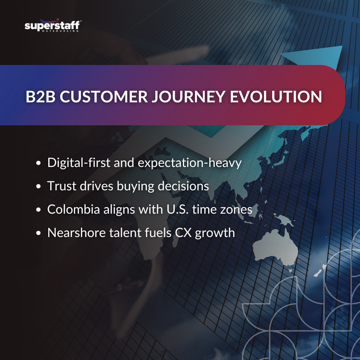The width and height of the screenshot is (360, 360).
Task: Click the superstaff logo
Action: (53, 25)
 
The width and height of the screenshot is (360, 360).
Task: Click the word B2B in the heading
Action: (40, 97)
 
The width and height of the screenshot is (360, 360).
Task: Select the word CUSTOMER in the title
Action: (104, 97)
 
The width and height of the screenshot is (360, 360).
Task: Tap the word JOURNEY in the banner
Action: (188, 97)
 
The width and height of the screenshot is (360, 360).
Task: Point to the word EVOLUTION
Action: (276, 97)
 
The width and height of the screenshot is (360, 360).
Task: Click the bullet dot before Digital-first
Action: (39, 163)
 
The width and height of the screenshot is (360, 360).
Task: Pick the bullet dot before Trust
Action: (39, 186)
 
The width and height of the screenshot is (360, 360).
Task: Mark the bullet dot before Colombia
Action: (39, 210)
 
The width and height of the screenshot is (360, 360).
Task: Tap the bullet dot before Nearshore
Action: (39, 233)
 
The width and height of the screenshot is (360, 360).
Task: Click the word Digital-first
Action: (79, 163)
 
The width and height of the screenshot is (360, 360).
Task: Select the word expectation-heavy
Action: (190, 163)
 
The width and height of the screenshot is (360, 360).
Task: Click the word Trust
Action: (61, 186)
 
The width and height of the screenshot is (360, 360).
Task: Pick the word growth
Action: (215, 233)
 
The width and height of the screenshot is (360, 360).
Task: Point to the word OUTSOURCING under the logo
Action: (60, 31)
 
